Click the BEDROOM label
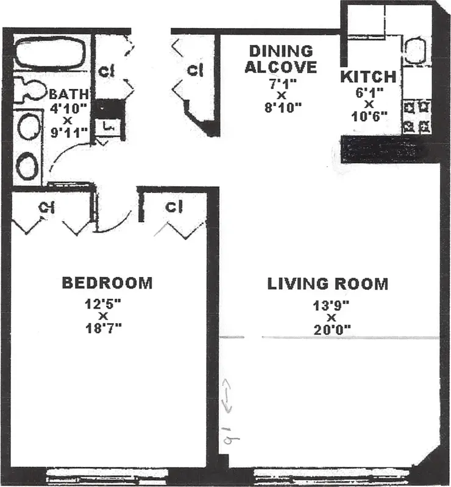[x=107, y=283]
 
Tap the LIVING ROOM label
[x=328, y=284]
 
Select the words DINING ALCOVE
[x=281, y=59]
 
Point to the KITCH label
[x=368, y=77]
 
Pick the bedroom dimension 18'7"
[x=104, y=328]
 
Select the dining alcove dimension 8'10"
[x=281, y=108]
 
